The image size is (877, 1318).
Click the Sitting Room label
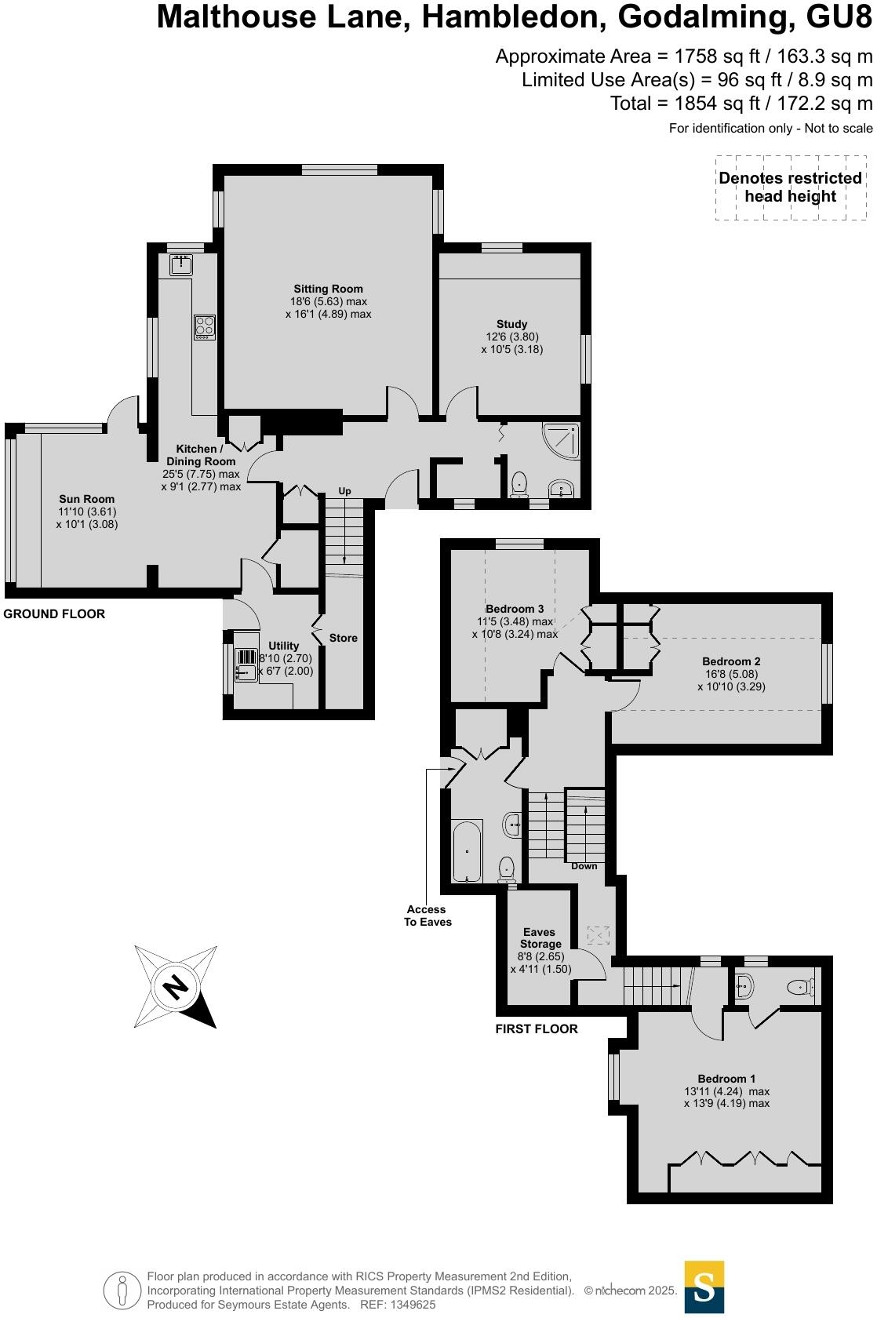tap(328, 289)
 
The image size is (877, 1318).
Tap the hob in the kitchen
tap(205, 326)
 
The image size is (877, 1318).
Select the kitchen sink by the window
tap(181, 264)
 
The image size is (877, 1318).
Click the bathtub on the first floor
tap(468, 851)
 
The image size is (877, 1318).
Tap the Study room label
tap(511, 324)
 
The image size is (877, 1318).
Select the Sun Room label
tap(87, 499)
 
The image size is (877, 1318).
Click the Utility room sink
tap(246, 665)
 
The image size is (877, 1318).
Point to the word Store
tap(343, 638)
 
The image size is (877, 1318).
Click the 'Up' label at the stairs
tap(344, 491)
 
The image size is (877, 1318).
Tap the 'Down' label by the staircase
tap(584, 866)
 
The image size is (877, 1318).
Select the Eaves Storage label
tap(540, 938)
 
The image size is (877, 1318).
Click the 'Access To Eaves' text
tap(428, 916)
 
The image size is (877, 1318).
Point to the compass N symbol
tap(175, 986)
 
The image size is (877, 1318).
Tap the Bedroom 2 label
tap(730, 661)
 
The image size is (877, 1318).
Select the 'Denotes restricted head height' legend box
tap(790, 188)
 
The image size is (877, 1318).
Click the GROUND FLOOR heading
tap(54, 613)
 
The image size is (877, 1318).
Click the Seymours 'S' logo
tap(704, 1287)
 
